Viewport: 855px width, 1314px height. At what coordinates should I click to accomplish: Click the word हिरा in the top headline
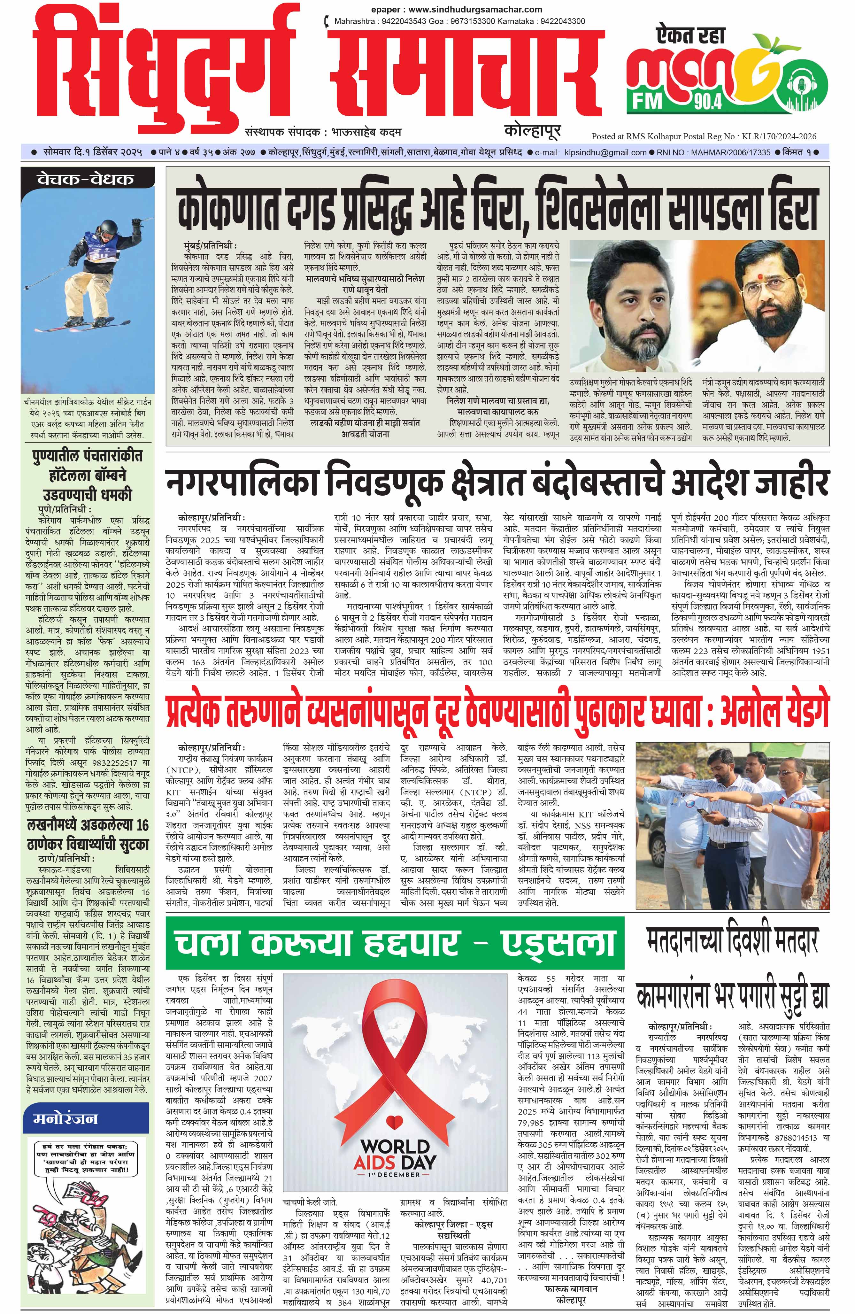point(788,206)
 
